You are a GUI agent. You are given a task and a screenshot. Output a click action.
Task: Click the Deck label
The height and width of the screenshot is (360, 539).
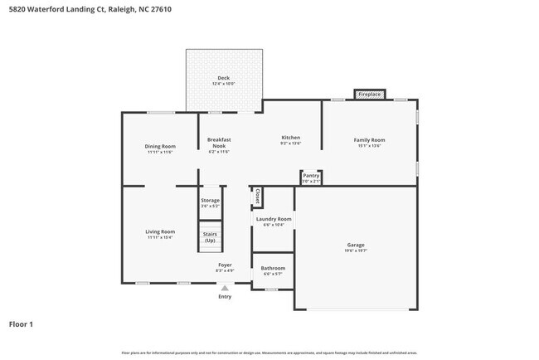coord(223,78)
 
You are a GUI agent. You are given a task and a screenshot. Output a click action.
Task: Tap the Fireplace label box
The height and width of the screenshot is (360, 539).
coord(369,95)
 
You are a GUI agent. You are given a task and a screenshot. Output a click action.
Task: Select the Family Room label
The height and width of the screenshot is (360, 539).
coord(371,140)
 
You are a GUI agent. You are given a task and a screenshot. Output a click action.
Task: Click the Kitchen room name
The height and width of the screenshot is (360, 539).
coord(290,138)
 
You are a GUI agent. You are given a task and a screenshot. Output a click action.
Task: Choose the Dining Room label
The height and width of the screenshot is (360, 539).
coord(160,146)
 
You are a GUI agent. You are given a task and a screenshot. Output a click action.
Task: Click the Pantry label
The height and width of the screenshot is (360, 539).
coord(311,176)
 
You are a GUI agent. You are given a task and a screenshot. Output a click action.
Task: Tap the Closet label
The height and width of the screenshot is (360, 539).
coord(258,197)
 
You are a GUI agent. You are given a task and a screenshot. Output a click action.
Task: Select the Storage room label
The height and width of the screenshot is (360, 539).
coord(210,200)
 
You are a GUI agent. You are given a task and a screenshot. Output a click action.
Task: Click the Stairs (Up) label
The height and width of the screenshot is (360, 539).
coord(210,237)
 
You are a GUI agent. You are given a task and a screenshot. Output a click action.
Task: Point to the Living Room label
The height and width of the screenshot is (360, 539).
coord(160,231)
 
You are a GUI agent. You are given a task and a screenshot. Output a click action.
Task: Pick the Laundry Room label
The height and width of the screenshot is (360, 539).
coord(273,219)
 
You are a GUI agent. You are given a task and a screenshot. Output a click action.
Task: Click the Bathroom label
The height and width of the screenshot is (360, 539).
coord(273,268)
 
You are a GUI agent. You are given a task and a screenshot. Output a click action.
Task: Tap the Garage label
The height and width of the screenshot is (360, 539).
coord(356,245)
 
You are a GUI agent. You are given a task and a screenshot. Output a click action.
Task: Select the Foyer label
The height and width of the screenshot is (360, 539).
coord(225,264)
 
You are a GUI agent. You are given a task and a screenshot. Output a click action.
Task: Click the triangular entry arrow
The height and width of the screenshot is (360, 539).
coord(224,288)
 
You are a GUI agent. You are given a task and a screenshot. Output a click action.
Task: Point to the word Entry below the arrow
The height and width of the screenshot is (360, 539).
coord(225,296)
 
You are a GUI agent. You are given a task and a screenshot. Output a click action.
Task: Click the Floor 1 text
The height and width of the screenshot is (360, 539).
coord(21,324)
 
